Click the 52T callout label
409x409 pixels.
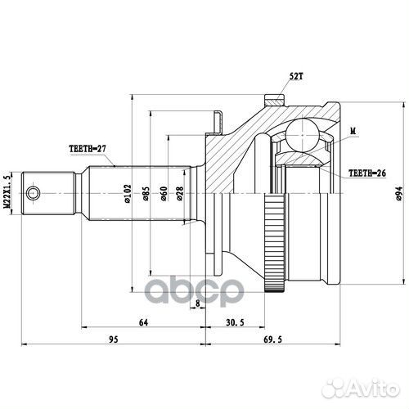296,77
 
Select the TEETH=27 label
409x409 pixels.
88,149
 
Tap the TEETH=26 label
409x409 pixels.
367,173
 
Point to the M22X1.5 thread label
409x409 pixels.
8,192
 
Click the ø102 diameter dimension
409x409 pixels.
128,194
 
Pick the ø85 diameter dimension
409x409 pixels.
146,194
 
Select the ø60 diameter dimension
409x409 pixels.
164,194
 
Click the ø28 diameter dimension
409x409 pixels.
180,194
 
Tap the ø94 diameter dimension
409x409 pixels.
398,194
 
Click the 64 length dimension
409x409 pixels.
143,322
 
